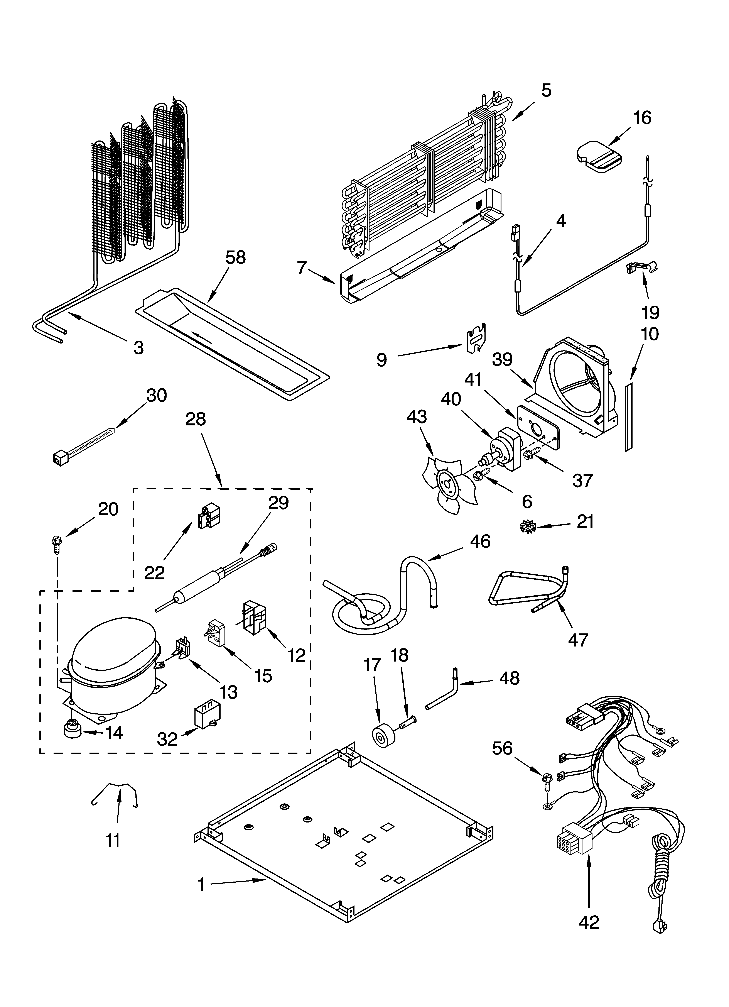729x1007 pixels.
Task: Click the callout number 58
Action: pyautogui.click(x=235, y=257)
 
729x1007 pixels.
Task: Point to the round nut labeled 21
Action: pyautogui.click(x=527, y=527)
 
